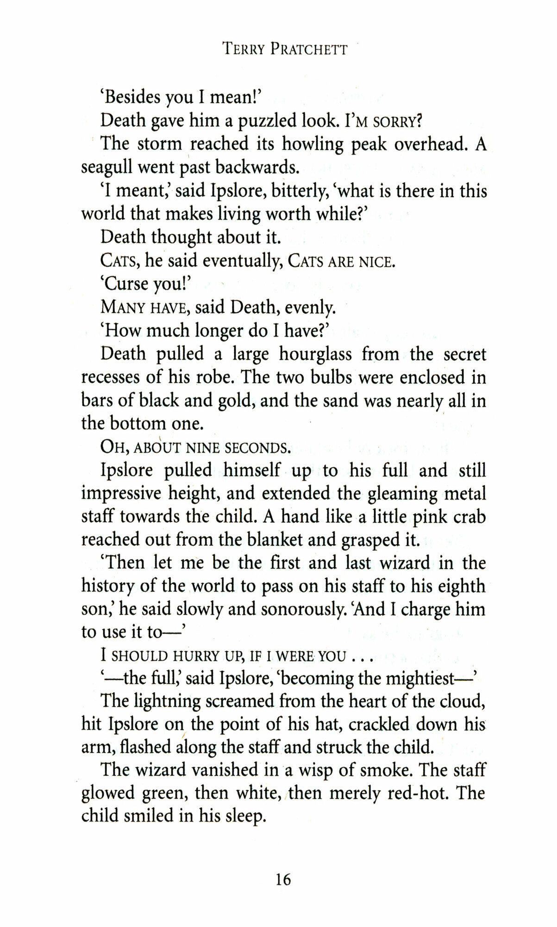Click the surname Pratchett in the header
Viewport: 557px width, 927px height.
coord(309,48)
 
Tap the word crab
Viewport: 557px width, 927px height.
coord(469,516)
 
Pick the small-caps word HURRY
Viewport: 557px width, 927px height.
coord(196,656)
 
